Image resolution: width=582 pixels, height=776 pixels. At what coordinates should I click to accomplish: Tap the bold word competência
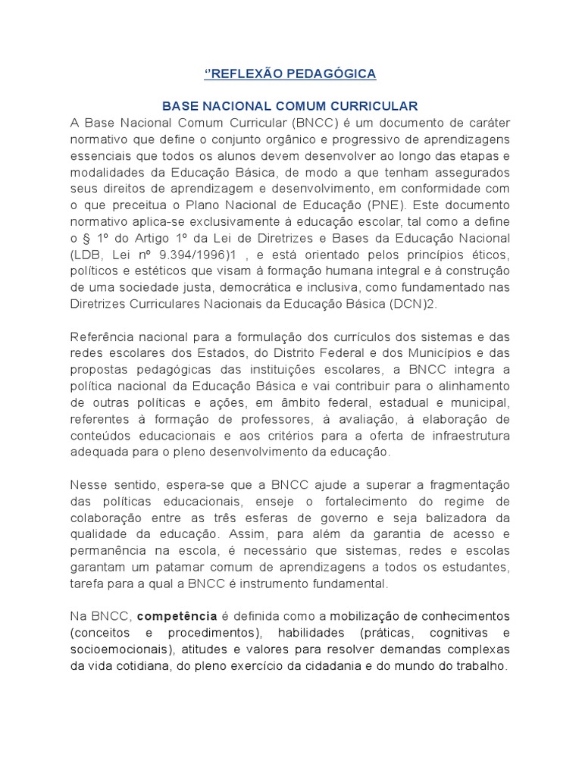click(177, 616)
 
